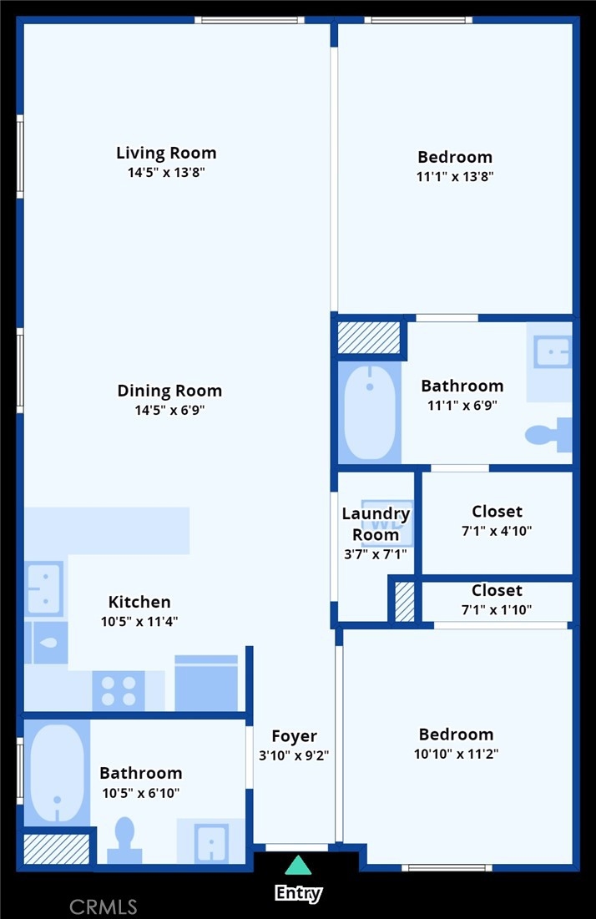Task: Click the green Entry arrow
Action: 298,865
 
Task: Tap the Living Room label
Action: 166,153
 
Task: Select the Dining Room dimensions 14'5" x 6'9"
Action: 170,411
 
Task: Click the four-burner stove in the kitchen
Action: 119,691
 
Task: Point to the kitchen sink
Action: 44,588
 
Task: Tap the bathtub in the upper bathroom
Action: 370,412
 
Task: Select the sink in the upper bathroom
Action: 552,351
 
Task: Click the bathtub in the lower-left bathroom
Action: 57,773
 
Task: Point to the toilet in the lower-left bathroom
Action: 125,840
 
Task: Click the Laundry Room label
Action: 376,524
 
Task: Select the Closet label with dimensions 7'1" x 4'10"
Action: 497,512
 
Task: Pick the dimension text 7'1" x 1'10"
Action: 497,610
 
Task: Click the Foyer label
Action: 294,736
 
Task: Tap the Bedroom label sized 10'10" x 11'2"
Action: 456,735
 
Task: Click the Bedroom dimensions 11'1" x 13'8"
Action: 456,176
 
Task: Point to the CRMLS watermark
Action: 104,907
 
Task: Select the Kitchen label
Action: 139,602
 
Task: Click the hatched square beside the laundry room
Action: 404,601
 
